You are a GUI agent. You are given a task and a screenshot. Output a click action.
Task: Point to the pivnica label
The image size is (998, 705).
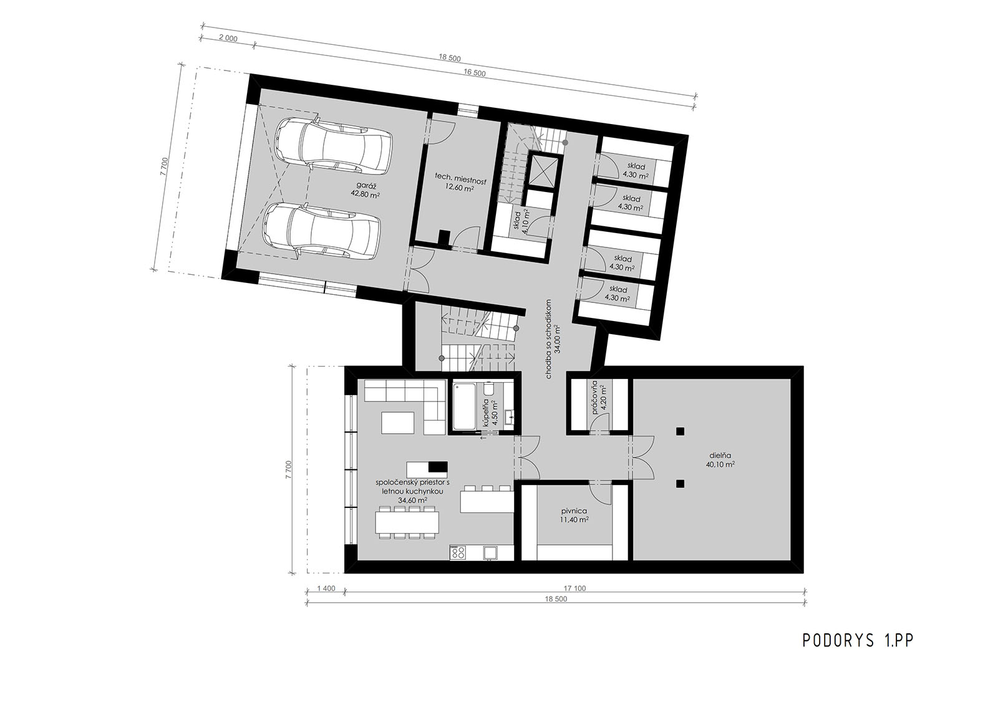point(574,511)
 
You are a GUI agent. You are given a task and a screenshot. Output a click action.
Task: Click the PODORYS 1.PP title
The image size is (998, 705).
point(858,640)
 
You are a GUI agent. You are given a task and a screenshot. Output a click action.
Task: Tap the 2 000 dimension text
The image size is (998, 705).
point(228,39)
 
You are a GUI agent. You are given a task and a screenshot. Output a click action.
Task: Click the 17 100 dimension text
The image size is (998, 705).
point(574,588)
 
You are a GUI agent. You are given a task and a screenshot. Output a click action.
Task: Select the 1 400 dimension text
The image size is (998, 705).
point(326,588)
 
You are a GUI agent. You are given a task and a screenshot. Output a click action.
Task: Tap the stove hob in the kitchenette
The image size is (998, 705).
point(458,552)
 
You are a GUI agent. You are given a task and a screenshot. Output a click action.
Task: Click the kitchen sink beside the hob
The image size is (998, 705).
point(491,552)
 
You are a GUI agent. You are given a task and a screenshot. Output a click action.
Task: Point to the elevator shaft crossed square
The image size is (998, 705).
point(543,170)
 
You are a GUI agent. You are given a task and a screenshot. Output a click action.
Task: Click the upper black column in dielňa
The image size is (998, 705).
point(680,431)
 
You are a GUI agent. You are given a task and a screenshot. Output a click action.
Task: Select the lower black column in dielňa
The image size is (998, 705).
point(680,484)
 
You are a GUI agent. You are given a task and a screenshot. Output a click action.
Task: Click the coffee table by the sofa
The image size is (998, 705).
point(398,423)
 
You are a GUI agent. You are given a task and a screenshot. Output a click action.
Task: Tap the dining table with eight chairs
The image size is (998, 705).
point(407,522)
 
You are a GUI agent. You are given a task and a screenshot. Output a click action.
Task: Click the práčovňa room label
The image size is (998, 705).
point(595,398)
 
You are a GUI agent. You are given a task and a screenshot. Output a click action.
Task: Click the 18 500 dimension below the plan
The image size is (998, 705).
point(556,599)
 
